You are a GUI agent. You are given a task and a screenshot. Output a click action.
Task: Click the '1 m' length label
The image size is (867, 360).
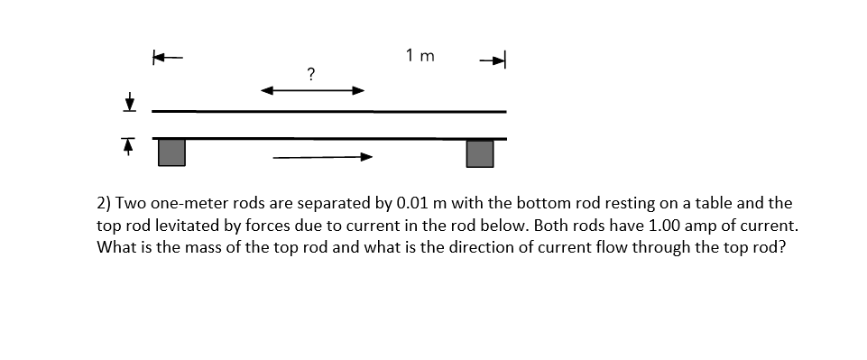[x=420, y=56]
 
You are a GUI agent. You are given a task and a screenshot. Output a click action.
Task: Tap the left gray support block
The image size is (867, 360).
[x=171, y=152]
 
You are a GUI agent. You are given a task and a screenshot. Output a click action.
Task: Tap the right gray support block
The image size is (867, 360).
[x=480, y=152]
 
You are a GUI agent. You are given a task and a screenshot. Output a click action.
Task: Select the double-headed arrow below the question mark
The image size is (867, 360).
[x=312, y=90]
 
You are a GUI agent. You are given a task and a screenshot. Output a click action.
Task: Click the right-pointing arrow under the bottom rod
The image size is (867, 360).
[x=322, y=157]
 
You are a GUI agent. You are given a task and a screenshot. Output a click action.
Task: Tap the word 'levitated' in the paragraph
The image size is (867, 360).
[x=194, y=226]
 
